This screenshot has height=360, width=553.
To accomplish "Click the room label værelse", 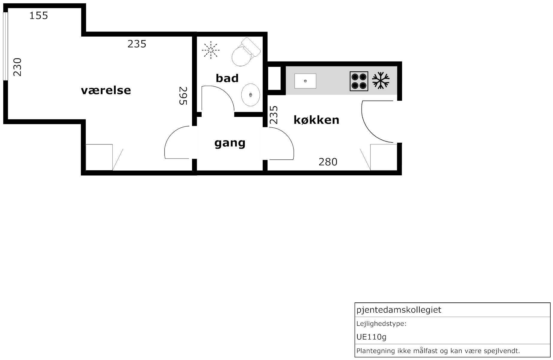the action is [x=106, y=90].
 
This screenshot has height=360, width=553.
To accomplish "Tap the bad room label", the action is [x=227, y=78].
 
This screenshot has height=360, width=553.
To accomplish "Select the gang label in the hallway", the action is [x=230, y=143].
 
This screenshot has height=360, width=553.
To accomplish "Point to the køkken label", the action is [x=316, y=120].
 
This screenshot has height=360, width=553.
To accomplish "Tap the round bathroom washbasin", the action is [x=250, y=94].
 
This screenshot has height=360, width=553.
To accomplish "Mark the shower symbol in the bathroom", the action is [x=211, y=49].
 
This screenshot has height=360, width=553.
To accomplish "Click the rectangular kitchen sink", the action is [x=305, y=81].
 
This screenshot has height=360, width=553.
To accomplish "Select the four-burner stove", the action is [x=359, y=81].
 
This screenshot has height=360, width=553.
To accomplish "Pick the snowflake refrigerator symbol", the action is [x=381, y=80].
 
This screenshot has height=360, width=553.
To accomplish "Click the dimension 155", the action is [x=39, y=16].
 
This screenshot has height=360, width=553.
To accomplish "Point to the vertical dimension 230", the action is [x=17, y=67].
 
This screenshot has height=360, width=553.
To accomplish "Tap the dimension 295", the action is [x=183, y=96].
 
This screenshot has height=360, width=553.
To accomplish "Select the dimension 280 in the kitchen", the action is [x=328, y=162].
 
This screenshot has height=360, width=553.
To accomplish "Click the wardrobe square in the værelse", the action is [x=99, y=157].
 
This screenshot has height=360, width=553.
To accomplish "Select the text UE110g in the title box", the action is [x=371, y=337].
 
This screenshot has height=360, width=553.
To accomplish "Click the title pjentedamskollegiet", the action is [x=399, y=310].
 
